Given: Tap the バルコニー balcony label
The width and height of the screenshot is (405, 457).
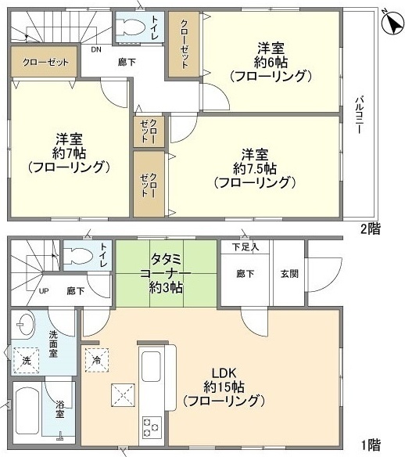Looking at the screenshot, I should (x=358, y=116).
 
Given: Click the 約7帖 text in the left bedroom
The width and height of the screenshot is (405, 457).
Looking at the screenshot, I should (x=68, y=151).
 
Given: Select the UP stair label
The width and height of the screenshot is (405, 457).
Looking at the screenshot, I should (x=45, y=290).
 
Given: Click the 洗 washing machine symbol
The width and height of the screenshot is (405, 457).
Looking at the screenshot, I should (x=25, y=361).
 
